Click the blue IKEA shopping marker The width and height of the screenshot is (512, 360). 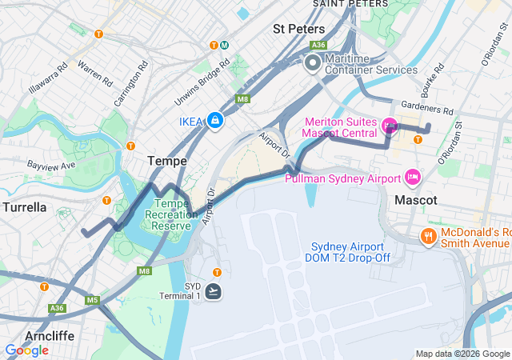point(214,121)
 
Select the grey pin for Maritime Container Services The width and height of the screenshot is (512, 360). point(312,62)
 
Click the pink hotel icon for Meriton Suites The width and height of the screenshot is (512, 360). point(390,125)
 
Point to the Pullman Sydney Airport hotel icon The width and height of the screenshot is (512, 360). point(413,176)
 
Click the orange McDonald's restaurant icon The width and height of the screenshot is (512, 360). point(429,236)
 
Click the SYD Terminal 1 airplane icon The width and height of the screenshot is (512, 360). point(214,291)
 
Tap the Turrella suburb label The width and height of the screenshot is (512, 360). point(24,207)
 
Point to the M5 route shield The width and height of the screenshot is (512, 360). point(93,301)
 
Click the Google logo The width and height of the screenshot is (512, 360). point(26,350)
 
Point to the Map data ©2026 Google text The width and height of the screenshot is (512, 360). point(462,354)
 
